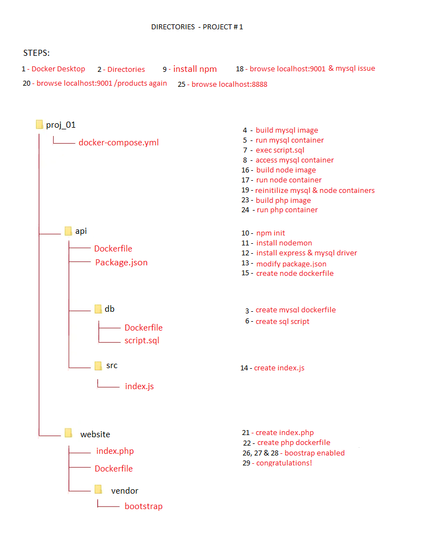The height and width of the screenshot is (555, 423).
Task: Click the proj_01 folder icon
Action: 39,124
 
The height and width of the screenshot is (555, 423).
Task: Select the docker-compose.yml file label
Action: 118,142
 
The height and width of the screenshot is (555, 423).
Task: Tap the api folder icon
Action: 68,231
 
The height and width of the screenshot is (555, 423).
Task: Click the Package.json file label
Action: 121,262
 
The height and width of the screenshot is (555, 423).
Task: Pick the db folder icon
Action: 98,309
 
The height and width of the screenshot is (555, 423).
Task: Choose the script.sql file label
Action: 142,341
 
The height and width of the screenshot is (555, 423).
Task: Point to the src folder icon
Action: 98,365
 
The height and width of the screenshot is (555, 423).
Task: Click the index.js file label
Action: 139,386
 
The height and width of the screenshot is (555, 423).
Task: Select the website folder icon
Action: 68,433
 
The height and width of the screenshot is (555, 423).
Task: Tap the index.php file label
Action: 115,451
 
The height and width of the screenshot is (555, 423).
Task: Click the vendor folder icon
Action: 98,489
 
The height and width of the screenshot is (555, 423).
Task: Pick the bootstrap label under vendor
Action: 143,506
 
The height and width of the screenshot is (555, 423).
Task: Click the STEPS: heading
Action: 37,53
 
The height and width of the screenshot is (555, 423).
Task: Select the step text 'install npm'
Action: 195,69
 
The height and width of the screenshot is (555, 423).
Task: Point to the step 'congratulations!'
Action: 283,463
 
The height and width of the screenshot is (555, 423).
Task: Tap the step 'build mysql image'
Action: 287,130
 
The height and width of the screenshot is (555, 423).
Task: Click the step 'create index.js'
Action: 279,368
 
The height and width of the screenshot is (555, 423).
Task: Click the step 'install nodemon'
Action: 284,243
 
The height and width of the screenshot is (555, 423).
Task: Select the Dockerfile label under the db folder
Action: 143,327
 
